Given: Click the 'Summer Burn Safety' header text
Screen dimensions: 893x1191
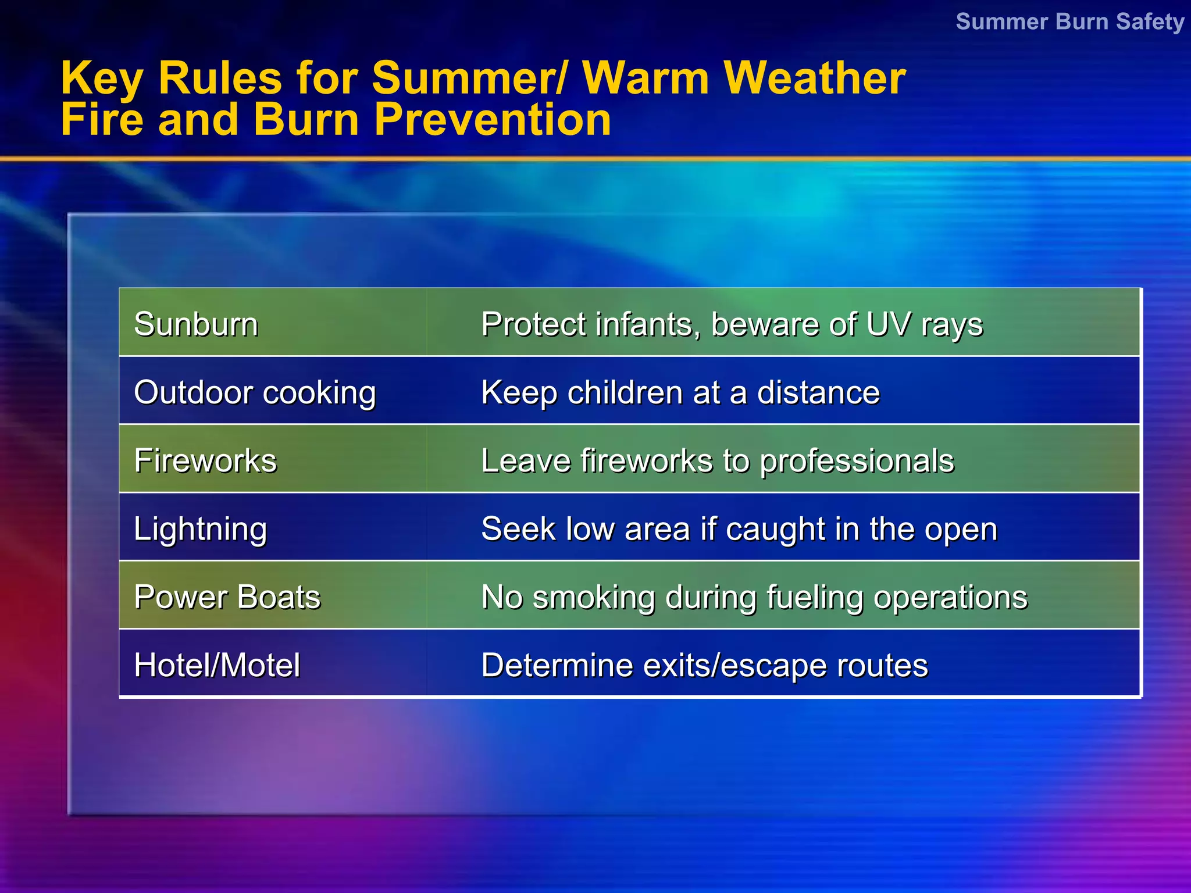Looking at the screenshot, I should point(1069,22).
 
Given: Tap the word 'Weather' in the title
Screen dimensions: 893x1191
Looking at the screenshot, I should point(814,78).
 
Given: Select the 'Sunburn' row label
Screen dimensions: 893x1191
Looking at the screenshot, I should point(196,324).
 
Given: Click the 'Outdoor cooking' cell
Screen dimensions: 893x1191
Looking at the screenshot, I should point(255,392).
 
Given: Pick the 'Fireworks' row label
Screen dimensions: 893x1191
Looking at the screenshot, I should point(205,460).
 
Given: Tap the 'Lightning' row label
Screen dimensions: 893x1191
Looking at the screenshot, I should point(200,530).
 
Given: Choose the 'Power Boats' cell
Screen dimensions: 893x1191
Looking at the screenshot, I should point(227,597).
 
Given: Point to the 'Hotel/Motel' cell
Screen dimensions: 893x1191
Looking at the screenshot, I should point(217,665).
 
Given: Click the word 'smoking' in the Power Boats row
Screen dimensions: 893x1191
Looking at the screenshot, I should point(594,598).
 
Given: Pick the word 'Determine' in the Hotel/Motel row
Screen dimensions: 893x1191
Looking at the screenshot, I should point(557,665).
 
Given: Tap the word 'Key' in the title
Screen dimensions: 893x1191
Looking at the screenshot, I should point(102,79).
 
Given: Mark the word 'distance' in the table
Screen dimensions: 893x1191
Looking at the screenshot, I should point(818,392).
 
